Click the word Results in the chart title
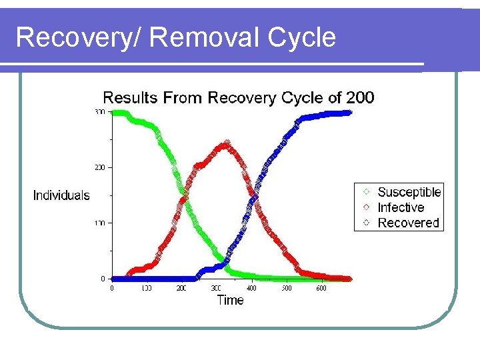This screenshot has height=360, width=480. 130,98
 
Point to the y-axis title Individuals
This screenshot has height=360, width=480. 61,195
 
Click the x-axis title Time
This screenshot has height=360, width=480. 231,300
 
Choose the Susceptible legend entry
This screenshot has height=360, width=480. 409,192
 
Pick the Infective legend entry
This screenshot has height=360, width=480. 401,207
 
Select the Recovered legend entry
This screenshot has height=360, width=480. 408,223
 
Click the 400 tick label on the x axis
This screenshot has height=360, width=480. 251,288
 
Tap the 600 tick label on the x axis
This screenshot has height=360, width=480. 321,288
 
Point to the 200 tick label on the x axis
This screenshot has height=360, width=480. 181,288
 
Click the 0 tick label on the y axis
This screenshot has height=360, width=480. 102,278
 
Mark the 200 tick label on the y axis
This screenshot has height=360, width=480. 99,167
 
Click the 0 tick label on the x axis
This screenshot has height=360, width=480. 112,288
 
